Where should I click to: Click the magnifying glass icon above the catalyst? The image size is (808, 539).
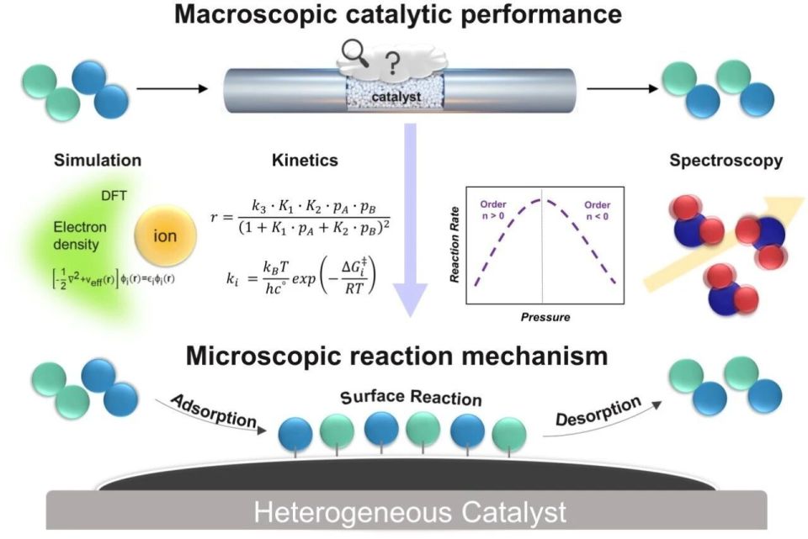click(x=355, y=54)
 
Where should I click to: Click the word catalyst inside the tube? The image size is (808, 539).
click(x=396, y=97)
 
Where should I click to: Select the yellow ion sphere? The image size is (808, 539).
click(x=166, y=235)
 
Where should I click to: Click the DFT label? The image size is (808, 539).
click(x=114, y=196)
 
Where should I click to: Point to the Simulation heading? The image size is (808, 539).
click(x=98, y=160)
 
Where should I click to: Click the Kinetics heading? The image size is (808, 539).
click(x=305, y=160)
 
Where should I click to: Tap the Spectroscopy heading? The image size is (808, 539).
click(x=726, y=161)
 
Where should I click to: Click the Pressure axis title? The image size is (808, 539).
click(x=545, y=317)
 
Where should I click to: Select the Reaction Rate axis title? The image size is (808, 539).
click(x=454, y=245)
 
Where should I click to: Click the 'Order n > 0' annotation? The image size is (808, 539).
click(x=493, y=210)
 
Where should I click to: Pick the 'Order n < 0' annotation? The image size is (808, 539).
click(x=598, y=210)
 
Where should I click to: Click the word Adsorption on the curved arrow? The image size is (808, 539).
click(x=214, y=411)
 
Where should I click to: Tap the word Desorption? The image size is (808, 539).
click(x=598, y=411)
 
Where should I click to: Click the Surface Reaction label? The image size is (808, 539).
click(x=411, y=398)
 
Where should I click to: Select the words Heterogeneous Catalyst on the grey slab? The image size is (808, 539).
click(x=410, y=512)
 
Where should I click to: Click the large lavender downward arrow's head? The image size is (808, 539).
click(x=410, y=299)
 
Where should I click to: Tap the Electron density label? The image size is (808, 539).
click(x=80, y=235)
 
